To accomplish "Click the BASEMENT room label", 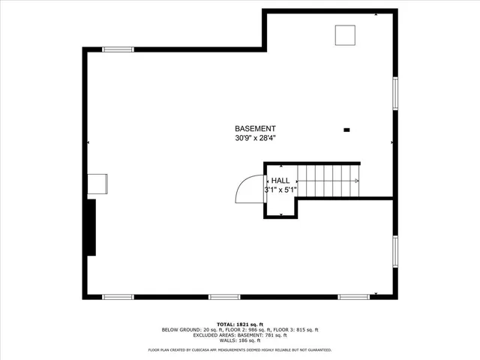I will (255, 128).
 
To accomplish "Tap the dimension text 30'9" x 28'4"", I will (255, 138).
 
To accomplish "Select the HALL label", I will (280, 181).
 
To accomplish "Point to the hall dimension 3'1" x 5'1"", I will (280, 190).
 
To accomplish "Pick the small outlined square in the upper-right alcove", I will (345, 34).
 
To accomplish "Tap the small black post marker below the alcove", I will (346, 130).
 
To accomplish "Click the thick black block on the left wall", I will (91, 227).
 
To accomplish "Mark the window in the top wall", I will (118, 49).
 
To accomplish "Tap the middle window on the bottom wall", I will (223, 297).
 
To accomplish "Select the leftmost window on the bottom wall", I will (118, 297).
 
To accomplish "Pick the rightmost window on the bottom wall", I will (353, 297).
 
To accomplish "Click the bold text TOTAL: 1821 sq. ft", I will (239, 324).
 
